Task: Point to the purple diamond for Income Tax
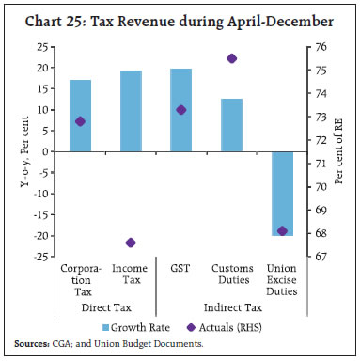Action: click(x=130, y=243)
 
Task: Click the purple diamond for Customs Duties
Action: click(x=232, y=58)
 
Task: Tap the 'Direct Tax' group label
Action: click(x=105, y=307)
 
